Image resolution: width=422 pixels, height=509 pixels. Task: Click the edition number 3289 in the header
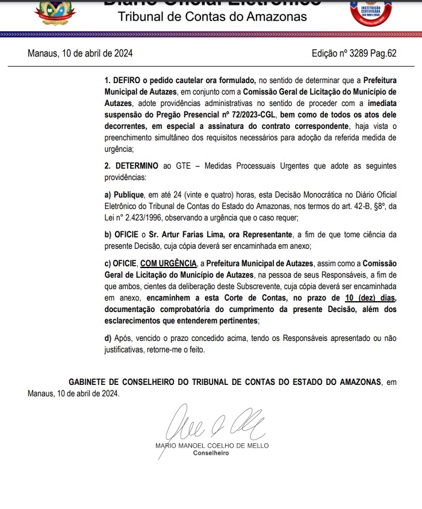pos(360,53)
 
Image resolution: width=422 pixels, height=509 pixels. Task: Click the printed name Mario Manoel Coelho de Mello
pos(212,446)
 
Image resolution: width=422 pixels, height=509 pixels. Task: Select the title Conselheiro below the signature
pos(211,453)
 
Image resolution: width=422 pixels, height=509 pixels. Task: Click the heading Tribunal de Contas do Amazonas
pos(212,16)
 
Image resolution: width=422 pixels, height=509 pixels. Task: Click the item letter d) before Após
pos(108,339)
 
